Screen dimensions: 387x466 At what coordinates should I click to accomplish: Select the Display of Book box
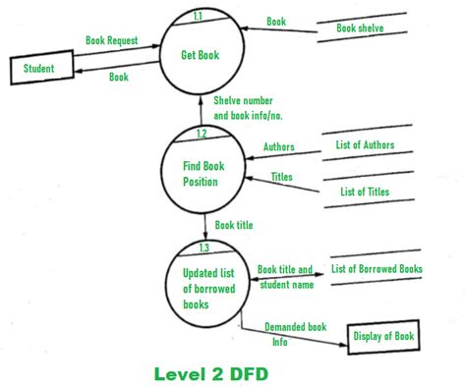tap(383, 337)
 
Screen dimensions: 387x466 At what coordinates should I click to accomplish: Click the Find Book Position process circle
tap(204, 173)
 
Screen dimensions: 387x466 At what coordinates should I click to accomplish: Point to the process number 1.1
tap(199, 17)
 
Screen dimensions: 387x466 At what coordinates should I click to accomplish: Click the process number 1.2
tap(202, 134)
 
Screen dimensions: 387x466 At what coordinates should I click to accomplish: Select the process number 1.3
tap(204, 248)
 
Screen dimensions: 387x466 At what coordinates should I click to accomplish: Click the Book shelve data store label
tap(360, 28)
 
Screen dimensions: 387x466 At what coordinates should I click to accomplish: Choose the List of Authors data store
tap(366, 146)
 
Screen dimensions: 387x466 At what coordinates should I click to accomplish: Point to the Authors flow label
tap(278, 147)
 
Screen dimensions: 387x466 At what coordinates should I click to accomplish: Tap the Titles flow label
tap(281, 178)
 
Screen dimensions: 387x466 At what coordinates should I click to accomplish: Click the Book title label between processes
tap(234, 225)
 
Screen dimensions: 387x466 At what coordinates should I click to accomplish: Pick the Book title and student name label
tap(285, 276)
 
